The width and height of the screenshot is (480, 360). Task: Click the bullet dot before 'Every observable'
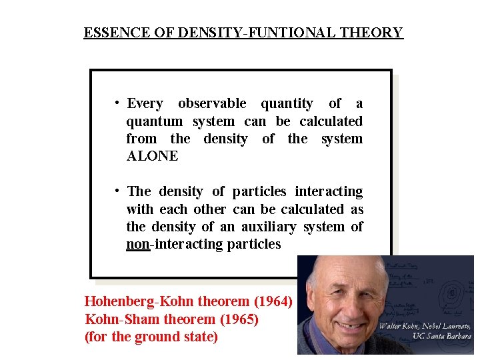tap(117, 103)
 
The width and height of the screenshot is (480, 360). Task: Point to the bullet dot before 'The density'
tap(117, 191)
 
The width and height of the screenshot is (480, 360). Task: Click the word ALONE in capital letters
tap(152, 156)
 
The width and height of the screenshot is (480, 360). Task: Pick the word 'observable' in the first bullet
tap(211, 103)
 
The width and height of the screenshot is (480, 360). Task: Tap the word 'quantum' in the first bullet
tap(154, 121)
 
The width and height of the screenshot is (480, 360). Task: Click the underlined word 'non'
tap(137, 244)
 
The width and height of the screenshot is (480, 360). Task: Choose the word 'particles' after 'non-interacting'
tap(254, 244)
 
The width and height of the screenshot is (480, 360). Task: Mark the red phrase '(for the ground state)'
tap(151, 337)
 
